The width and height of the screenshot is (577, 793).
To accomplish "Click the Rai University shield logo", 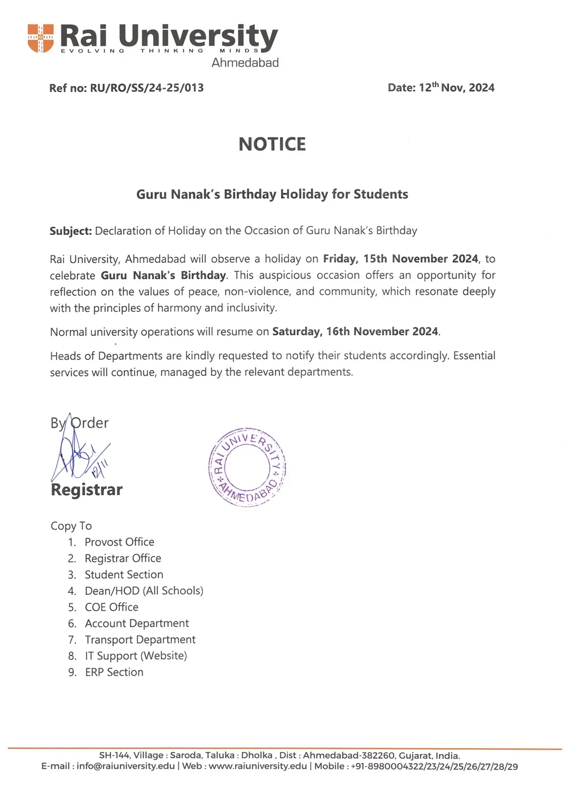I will pyautogui.click(x=41, y=38).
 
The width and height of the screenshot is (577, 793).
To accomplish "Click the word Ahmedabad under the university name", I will pyautogui.click(x=245, y=62).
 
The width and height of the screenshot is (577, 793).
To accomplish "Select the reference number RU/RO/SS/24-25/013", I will pyautogui.click(x=147, y=88).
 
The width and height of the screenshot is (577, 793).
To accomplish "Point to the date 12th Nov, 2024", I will pyautogui.click(x=456, y=88).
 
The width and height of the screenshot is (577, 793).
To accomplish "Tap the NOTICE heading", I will pyautogui.click(x=272, y=144).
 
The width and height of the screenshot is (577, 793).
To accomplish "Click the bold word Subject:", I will pyautogui.click(x=71, y=231).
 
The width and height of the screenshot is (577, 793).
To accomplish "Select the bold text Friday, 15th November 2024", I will pyautogui.click(x=400, y=259).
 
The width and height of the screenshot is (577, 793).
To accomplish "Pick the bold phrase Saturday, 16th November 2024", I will pyautogui.click(x=355, y=332).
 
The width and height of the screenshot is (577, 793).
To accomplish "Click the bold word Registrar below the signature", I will pyautogui.click(x=87, y=490).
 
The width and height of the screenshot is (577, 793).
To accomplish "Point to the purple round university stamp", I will pyautogui.click(x=247, y=467).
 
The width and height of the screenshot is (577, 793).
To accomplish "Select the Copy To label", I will pyautogui.click(x=71, y=526).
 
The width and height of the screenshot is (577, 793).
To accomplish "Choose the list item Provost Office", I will pyautogui.click(x=119, y=542).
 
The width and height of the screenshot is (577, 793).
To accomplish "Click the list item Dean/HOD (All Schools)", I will pyautogui.click(x=144, y=591).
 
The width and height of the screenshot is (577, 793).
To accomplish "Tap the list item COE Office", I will pyautogui.click(x=111, y=607).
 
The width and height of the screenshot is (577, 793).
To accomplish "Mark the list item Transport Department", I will pyautogui.click(x=140, y=640).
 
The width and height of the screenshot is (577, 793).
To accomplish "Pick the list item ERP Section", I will pyautogui.click(x=114, y=672).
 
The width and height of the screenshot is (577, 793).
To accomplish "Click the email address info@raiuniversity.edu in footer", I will pyautogui.click(x=126, y=766).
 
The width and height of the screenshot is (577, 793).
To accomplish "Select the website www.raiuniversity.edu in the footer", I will pyautogui.click(x=258, y=766).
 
